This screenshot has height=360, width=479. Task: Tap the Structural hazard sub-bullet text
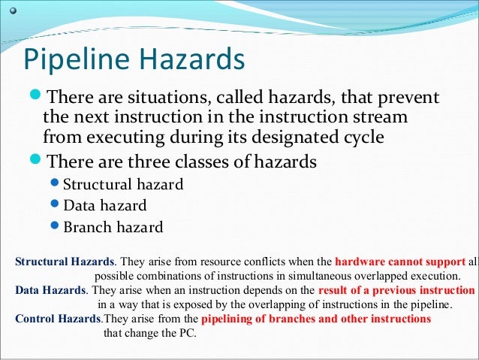123,185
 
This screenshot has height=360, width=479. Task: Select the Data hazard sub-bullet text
105,205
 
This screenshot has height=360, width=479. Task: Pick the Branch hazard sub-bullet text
113,226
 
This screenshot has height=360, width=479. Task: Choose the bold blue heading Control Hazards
57,319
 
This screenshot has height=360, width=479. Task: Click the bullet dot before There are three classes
36,162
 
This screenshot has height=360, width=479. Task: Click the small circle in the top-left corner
11,10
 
